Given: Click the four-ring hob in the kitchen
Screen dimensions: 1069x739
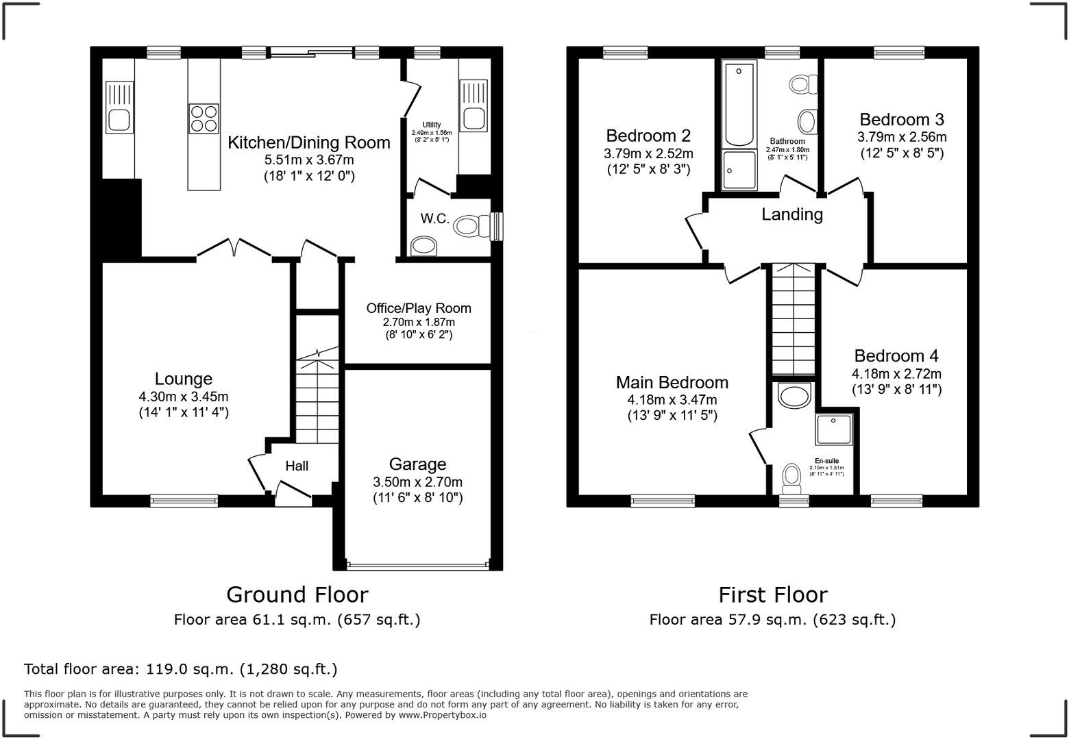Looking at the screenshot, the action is click(204, 118).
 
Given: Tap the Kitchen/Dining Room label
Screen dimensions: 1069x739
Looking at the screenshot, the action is click(309, 142).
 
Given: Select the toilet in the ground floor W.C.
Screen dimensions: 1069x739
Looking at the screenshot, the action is click(471, 225).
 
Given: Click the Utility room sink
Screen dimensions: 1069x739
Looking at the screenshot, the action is click(474, 106).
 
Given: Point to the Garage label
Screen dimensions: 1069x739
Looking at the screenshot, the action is click(417, 464).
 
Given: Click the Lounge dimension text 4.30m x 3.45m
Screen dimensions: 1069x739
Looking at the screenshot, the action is click(184, 397).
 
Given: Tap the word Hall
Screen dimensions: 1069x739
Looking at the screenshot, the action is click(297, 466).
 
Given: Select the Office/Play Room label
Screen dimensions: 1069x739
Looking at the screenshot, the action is click(419, 308).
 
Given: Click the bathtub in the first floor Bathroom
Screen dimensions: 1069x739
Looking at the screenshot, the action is click(739, 103).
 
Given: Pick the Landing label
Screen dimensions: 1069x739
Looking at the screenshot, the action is click(792, 214).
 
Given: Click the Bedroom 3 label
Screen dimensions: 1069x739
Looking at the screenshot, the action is click(902, 119).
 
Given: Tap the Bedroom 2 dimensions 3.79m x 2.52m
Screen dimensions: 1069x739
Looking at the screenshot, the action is click(648, 153).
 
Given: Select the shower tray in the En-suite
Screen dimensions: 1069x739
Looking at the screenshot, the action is click(834, 429).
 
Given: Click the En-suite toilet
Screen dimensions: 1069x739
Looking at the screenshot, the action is click(791, 479).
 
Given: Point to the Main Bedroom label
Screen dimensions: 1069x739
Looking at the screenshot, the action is click(672, 383).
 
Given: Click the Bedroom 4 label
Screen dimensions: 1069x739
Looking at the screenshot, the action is click(896, 356).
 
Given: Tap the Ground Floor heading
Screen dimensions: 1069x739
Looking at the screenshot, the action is click(297, 595).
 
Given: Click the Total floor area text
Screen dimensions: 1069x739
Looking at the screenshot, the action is click(181, 669).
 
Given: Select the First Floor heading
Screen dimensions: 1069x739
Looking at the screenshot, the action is click(773, 595).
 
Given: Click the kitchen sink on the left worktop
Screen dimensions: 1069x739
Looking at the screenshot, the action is click(119, 108).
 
